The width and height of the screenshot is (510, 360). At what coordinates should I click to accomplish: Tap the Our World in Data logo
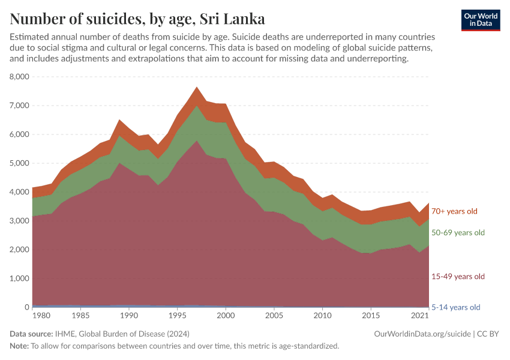pyautogui.click(x=481, y=20)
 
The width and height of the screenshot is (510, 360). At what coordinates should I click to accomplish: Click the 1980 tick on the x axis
pyautogui.click(x=41, y=316)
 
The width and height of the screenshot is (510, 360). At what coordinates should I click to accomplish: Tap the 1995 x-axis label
pyautogui.click(x=177, y=316)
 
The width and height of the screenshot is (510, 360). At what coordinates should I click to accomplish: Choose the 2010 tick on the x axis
pyautogui.click(x=322, y=316)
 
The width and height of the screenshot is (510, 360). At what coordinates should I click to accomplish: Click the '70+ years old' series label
pyautogui.click(x=455, y=211)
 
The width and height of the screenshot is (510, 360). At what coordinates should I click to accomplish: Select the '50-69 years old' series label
pyautogui.click(x=458, y=233)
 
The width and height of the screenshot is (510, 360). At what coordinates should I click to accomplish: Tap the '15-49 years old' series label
pyautogui.click(x=458, y=277)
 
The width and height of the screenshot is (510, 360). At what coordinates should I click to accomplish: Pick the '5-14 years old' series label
pyautogui.click(x=456, y=307)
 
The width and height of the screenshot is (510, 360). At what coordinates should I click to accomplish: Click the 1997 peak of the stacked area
pyautogui.click(x=196, y=88)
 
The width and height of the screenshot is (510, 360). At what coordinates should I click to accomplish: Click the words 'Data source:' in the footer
pyautogui.click(x=31, y=334)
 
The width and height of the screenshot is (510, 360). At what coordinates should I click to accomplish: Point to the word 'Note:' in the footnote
pyautogui.click(x=19, y=346)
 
